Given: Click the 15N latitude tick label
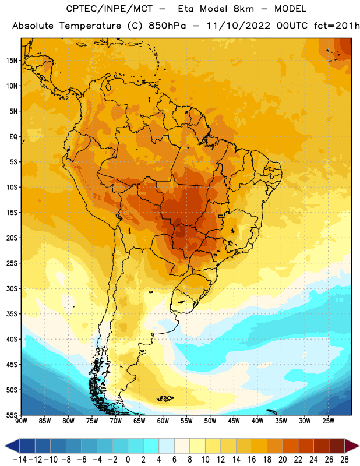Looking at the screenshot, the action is (12, 61).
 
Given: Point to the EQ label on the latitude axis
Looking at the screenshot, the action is (13, 137).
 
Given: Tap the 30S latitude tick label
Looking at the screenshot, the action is (12, 288).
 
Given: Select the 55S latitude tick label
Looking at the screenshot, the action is (12, 415).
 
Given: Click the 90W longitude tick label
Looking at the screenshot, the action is (21, 421).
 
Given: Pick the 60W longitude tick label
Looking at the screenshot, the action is (163, 421).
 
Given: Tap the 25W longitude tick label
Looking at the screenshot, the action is (328, 421).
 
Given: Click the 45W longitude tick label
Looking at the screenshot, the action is (234, 421).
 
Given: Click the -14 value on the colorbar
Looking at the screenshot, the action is (20, 460).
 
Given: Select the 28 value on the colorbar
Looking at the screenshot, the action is (344, 460).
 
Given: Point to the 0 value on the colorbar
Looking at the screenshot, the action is (128, 460).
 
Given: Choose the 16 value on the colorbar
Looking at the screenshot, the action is (252, 460).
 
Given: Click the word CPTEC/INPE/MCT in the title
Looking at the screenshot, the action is (109, 9).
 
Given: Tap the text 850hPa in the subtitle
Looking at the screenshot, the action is (167, 26).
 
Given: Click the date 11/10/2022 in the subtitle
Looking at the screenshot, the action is (238, 26).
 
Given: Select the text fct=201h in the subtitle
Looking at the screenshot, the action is (337, 26).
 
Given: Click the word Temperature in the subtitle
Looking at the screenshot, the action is (90, 26).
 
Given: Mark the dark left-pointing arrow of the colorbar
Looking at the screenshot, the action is (12, 446).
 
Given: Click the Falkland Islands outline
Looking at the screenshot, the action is (165, 398).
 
